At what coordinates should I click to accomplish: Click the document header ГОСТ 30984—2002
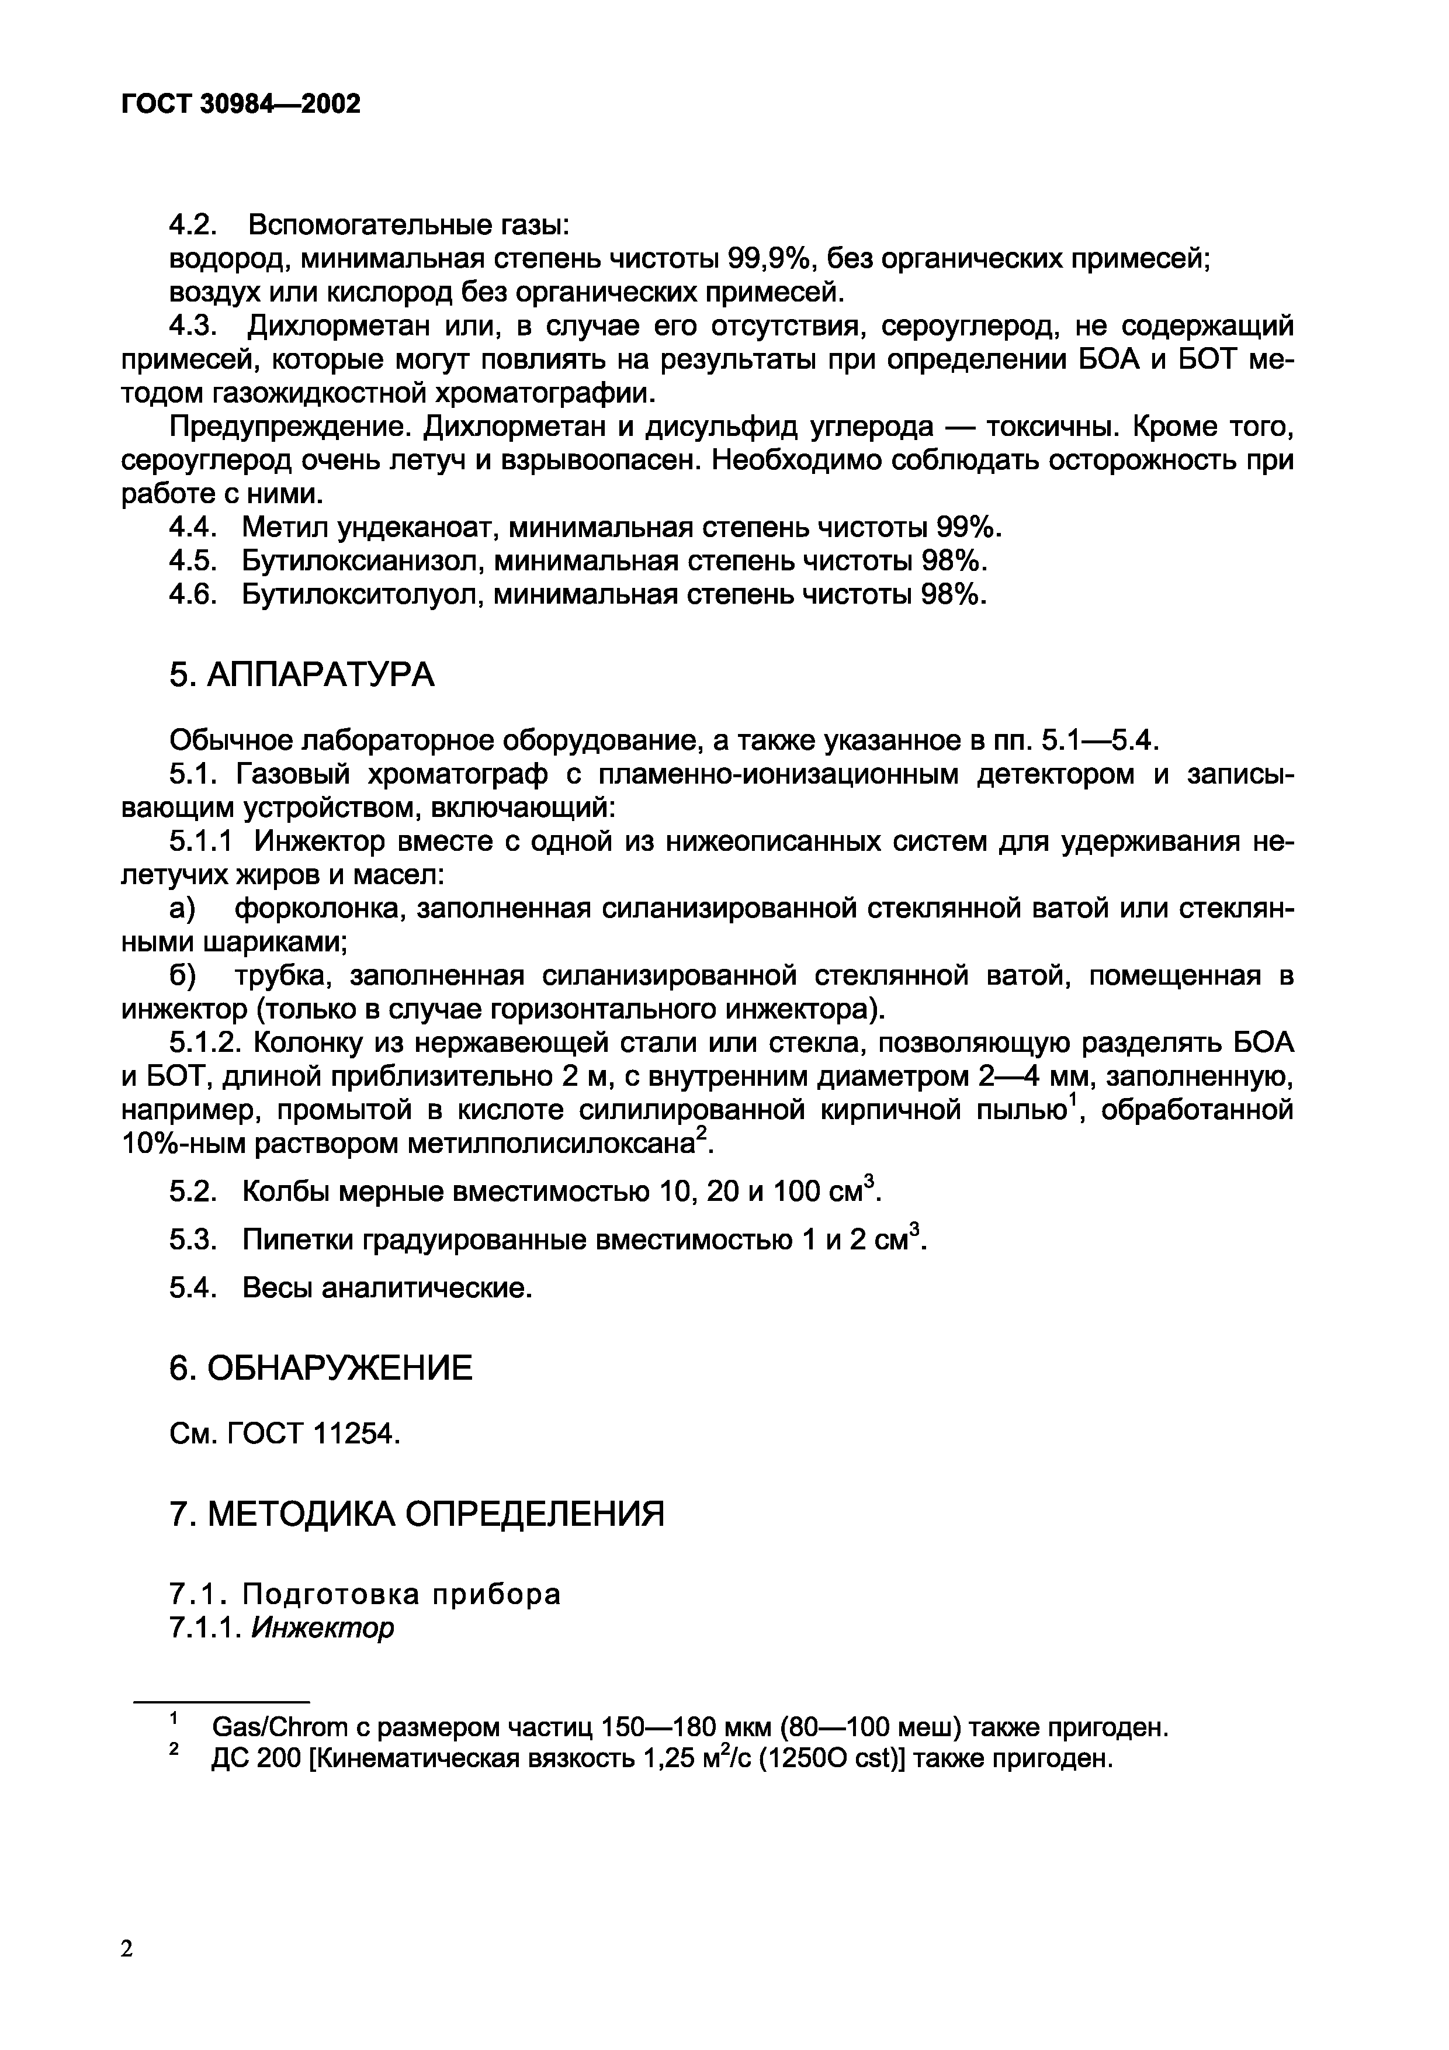[241, 105]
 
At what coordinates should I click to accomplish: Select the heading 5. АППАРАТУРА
[301, 675]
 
